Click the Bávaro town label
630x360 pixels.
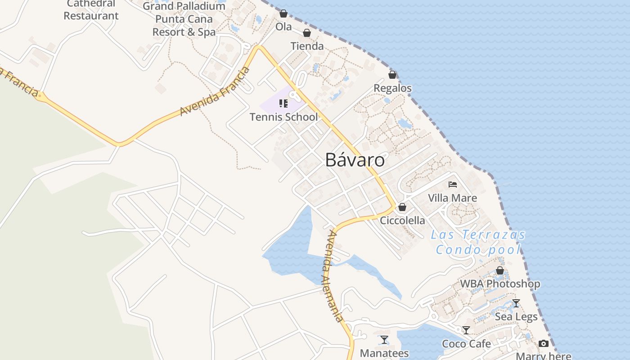pyautogui.click(x=355, y=160)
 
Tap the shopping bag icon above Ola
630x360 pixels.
pyautogui.click(x=283, y=14)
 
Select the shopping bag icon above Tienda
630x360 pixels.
pyautogui.click(x=307, y=33)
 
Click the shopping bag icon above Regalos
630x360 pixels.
pyautogui.click(x=392, y=75)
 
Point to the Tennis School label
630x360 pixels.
pyautogui.click(x=283, y=117)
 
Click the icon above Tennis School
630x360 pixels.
pyautogui.click(x=283, y=104)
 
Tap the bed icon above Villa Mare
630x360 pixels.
pyautogui.click(x=453, y=184)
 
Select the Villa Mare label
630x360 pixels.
pyautogui.click(x=452, y=198)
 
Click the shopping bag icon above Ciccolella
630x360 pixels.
pyautogui.click(x=402, y=207)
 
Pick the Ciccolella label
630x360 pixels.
pyautogui.click(x=402, y=220)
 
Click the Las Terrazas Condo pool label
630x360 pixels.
pyautogui.click(x=478, y=242)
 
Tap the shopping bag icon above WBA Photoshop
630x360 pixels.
pyautogui.click(x=500, y=270)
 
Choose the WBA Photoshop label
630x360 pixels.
pyautogui.click(x=500, y=284)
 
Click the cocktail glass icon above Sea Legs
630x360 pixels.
pyautogui.click(x=516, y=303)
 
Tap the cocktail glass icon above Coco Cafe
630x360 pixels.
pyautogui.click(x=466, y=330)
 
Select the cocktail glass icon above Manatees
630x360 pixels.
pyautogui.click(x=384, y=340)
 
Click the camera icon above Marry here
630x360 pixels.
pyautogui.click(x=544, y=344)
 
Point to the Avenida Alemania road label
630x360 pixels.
pyautogui.click(x=333, y=276)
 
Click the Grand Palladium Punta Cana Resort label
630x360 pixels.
pyautogui.click(x=184, y=19)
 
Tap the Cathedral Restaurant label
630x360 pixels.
pyautogui.click(x=91, y=10)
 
